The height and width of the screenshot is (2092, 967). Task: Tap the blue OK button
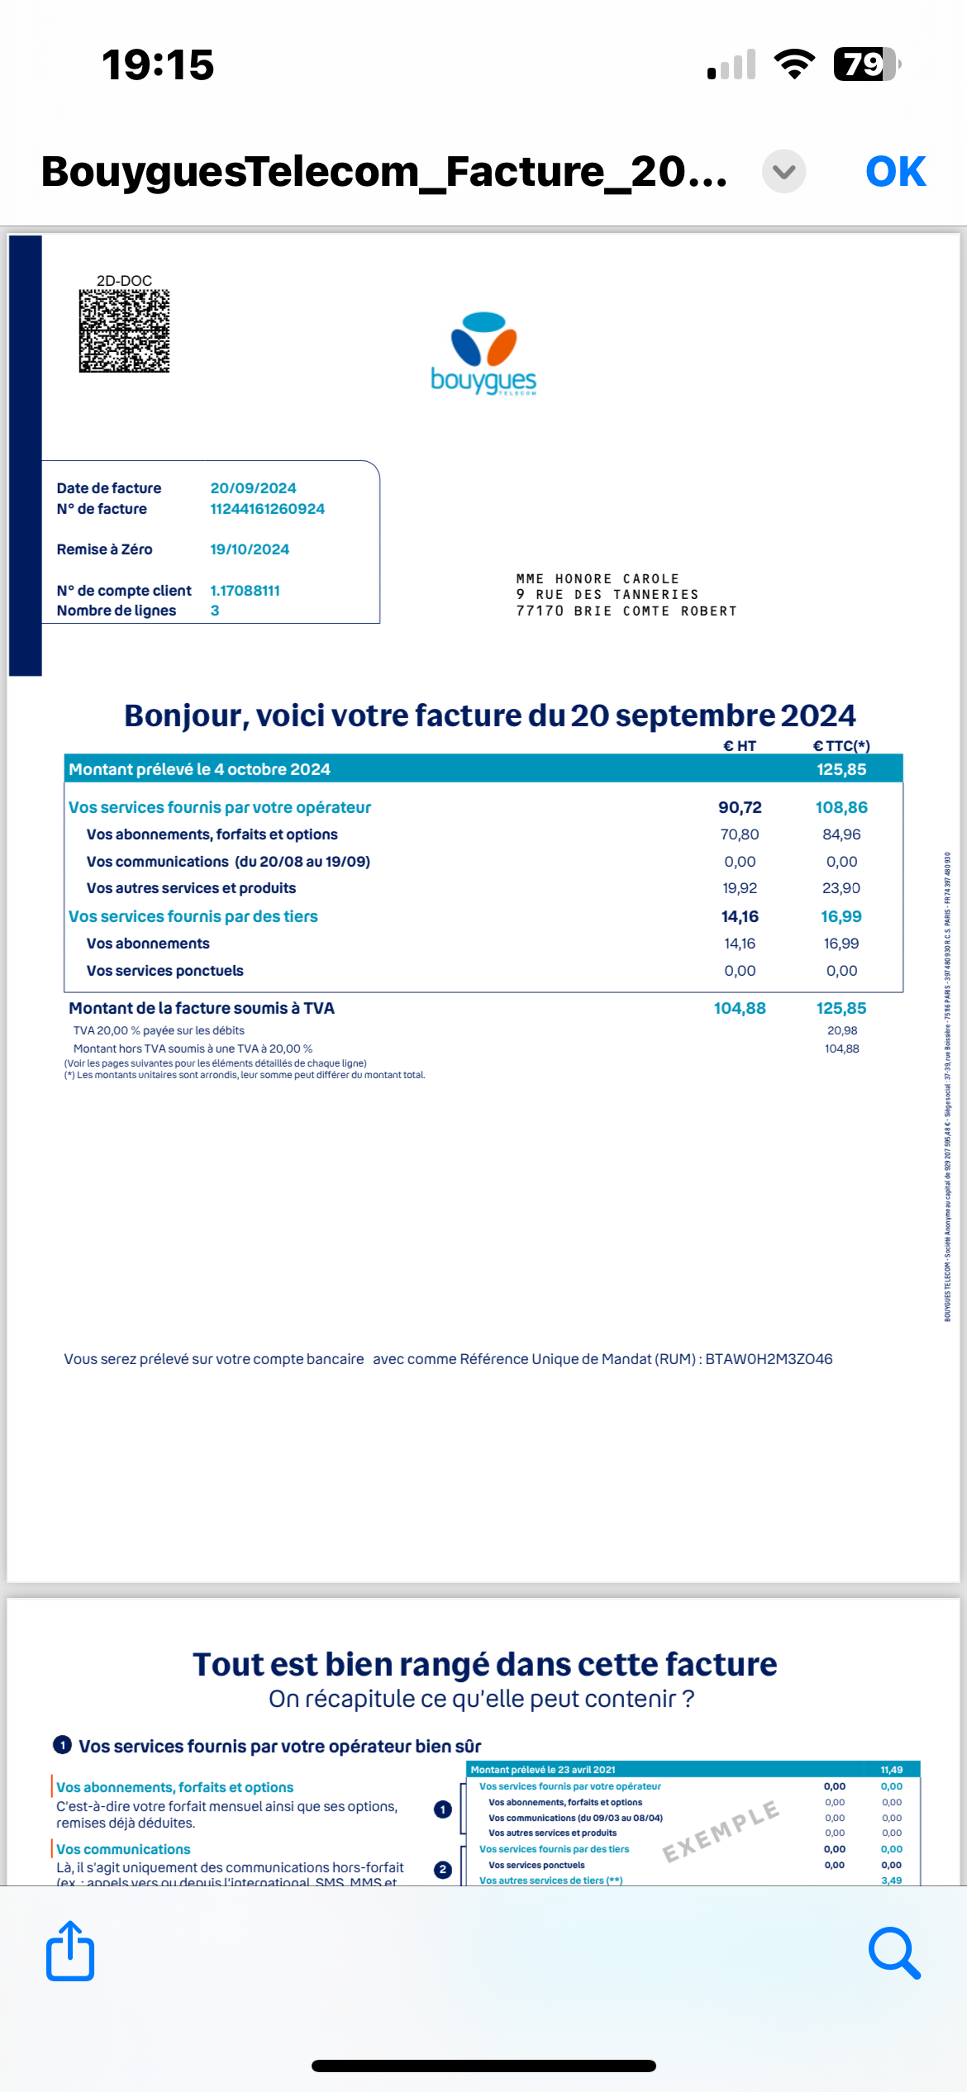895,172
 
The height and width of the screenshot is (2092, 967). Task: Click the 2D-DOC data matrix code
124,330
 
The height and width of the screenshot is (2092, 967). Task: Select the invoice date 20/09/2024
253,488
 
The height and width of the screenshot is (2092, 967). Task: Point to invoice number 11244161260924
267,509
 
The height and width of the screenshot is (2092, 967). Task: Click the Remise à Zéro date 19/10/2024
250,549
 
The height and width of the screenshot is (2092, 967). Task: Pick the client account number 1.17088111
245,591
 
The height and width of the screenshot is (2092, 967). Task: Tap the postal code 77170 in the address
540,611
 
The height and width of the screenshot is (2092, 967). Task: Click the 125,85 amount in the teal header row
841,769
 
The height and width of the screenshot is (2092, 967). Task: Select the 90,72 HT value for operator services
740,807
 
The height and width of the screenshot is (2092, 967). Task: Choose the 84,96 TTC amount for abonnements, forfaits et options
841,834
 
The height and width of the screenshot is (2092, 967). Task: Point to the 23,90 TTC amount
841,888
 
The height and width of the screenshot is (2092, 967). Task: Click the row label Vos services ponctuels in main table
165,971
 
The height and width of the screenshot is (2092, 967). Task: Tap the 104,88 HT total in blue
740,1008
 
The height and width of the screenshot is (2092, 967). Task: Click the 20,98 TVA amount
842,1030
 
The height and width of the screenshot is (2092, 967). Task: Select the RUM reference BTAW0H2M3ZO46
769,1359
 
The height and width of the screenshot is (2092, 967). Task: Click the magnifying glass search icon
894,1953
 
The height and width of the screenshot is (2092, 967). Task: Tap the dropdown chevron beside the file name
784,172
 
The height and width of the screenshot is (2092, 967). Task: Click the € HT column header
740,746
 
